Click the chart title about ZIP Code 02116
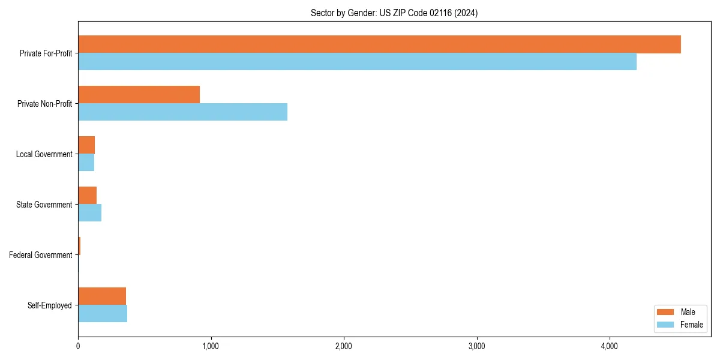[x=394, y=13]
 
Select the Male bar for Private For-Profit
[x=379, y=44]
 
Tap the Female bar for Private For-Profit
[x=357, y=61]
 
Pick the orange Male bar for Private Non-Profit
[x=139, y=95]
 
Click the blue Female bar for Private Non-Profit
[x=182, y=112]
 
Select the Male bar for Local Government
[x=86, y=145]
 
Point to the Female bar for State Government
[x=89, y=212]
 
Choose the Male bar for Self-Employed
[x=102, y=296]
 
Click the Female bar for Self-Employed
[x=103, y=313]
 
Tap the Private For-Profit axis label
[x=46, y=53]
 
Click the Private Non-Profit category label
[x=44, y=104]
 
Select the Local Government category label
[x=44, y=154]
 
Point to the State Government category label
[x=44, y=205]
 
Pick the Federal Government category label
[x=41, y=255]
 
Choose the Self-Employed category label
[x=50, y=305]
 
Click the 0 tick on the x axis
[x=78, y=346]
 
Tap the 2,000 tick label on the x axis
[x=344, y=346]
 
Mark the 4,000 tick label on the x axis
[x=610, y=346]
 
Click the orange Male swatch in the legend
[x=666, y=312]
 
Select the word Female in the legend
[x=692, y=325]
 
